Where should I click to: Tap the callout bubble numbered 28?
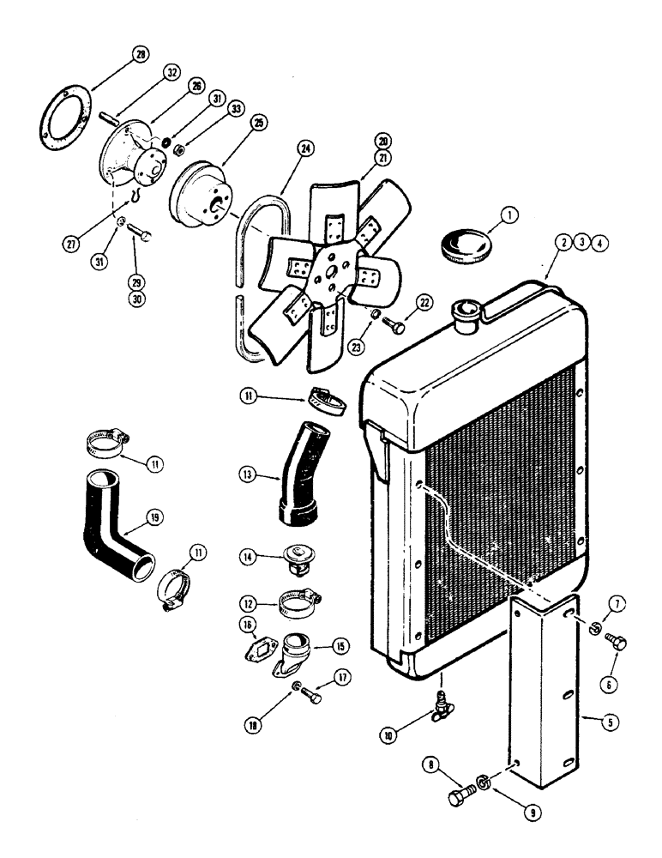[141, 56]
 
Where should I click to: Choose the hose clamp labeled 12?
[297, 603]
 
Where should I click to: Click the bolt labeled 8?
[460, 800]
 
